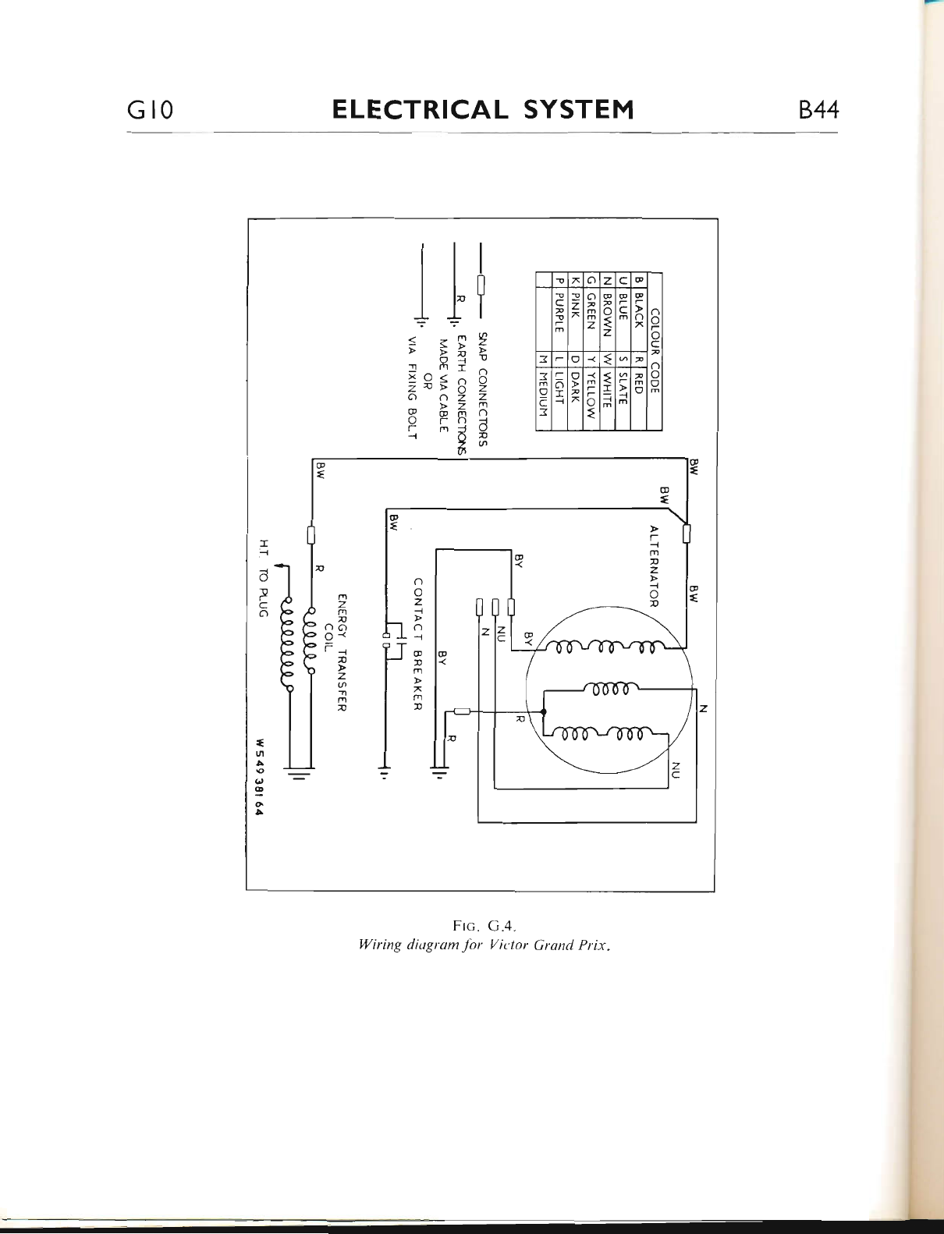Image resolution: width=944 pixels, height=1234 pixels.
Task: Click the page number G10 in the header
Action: coord(149,110)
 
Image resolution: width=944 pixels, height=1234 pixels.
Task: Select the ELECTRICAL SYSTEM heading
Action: coord(483,109)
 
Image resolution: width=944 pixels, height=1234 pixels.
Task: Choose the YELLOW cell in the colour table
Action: coord(591,394)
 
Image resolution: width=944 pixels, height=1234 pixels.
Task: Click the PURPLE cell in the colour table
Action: coord(559,312)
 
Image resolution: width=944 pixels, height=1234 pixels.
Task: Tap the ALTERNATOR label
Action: coord(655,566)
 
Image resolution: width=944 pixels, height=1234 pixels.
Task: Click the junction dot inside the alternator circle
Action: coord(543,711)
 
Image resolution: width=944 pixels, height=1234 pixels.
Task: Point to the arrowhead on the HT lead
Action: coord(281,567)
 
